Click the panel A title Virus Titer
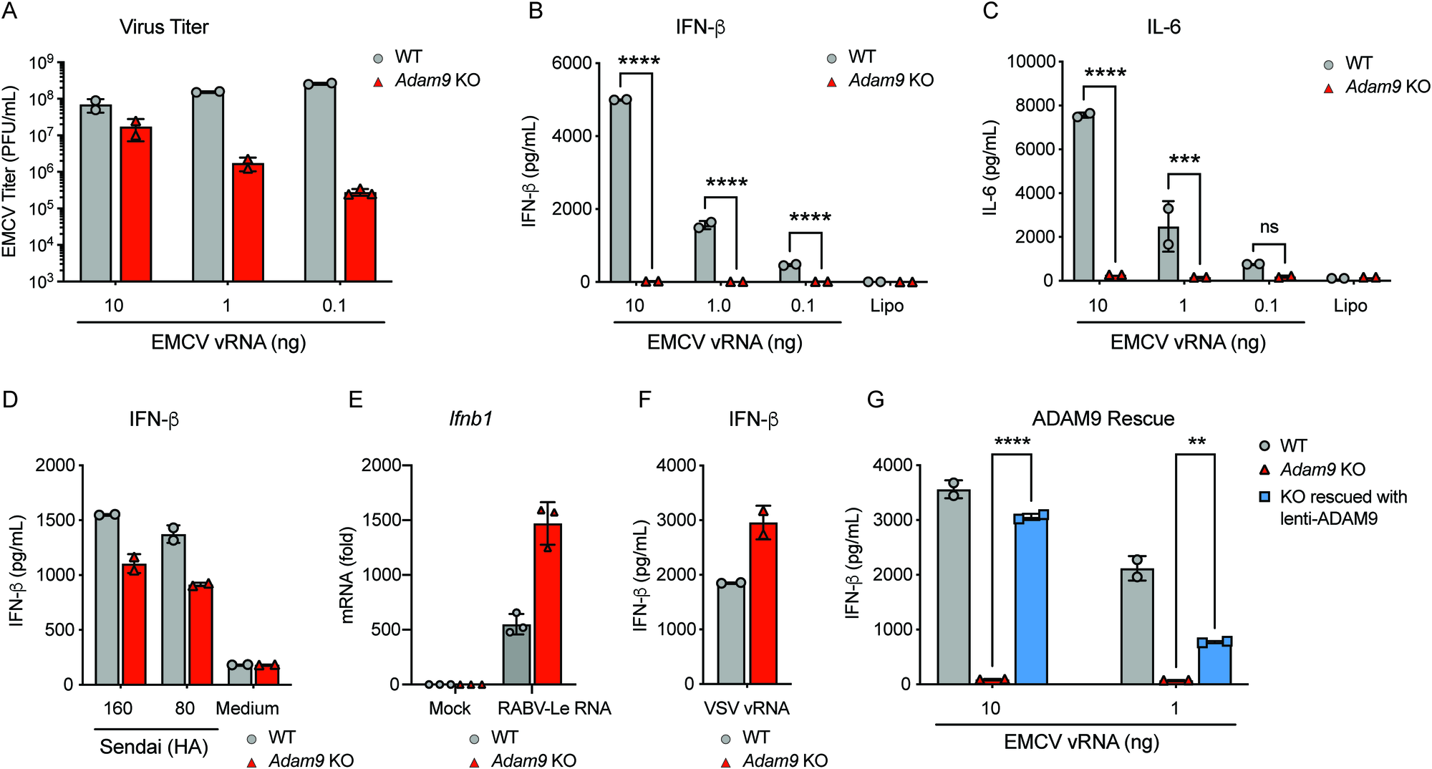164,27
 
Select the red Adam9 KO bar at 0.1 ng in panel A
360,240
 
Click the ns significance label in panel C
1269,228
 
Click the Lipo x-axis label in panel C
1350,306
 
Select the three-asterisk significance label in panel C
1184,160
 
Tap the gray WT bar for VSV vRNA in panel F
731,634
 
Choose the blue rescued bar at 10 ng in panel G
1031,601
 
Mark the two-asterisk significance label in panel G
1196,442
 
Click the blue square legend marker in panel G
1265,496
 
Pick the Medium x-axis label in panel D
247,708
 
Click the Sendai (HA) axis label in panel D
154,747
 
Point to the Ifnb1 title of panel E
470,419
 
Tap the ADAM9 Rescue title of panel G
1103,419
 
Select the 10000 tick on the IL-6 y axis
1031,62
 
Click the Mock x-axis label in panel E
450,708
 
